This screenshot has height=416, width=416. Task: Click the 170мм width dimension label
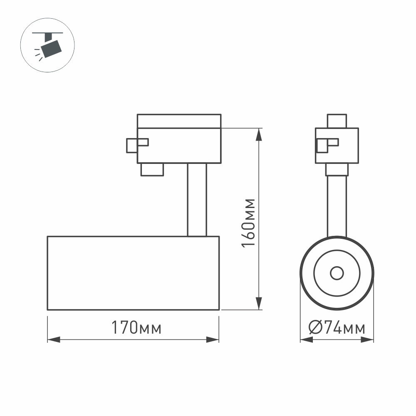(136, 328)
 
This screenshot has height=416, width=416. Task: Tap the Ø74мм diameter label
(337, 328)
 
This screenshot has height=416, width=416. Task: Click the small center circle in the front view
(337, 273)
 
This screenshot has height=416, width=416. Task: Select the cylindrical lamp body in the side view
(133, 273)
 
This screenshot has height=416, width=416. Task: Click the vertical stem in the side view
(196, 200)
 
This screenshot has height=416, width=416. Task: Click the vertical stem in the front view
(337, 204)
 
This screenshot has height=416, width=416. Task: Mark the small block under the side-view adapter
(152, 170)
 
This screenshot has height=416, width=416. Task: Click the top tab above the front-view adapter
(337, 121)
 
